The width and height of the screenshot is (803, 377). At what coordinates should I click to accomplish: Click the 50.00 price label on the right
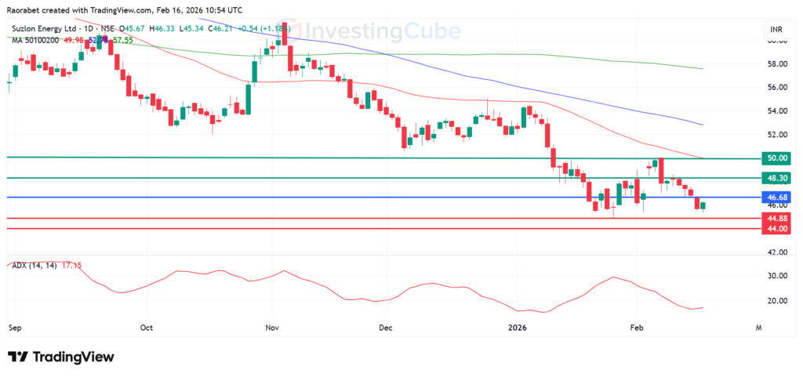[777, 158]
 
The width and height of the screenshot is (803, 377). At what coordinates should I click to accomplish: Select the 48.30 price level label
[777, 178]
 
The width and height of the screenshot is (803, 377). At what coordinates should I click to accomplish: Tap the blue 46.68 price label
[777, 197]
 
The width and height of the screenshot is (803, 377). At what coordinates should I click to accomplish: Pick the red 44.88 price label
[777, 218]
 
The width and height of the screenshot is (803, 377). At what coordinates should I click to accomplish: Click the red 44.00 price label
[777, 228]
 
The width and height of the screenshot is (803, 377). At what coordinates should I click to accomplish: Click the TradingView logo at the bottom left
[61, 357]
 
